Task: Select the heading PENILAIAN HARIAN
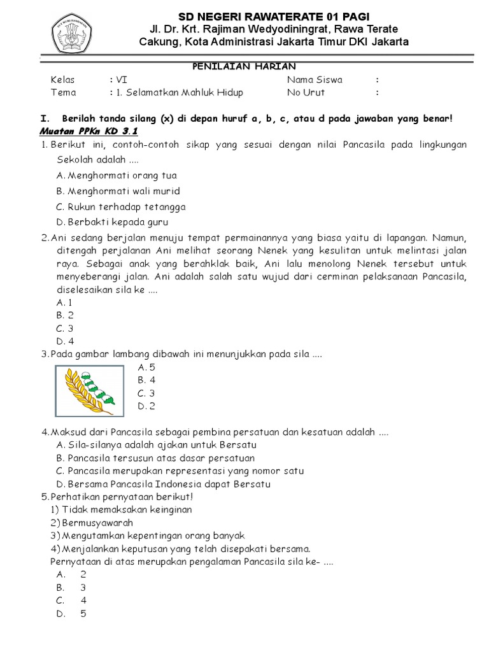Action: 244,67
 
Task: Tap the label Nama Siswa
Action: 315,80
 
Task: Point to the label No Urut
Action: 306,92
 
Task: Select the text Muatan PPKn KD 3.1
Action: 89,131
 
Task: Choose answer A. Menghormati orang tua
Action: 117,175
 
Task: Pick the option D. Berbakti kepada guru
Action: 111,222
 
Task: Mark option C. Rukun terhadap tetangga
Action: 121,207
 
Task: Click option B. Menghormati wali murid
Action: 118,191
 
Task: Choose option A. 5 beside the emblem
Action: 146,367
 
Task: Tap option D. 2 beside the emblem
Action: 146,406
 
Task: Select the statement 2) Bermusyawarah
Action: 92,523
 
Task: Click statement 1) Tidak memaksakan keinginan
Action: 121,509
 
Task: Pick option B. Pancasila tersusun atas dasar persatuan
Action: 155,458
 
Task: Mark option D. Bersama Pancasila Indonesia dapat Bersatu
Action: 163,484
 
